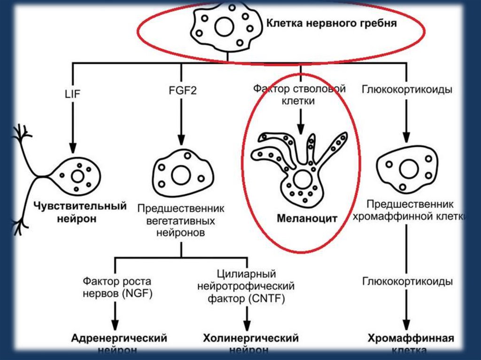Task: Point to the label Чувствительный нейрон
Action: coord(80,212)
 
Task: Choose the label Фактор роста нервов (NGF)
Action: coord(117,288)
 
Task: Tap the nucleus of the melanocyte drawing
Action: coord(301,179)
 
